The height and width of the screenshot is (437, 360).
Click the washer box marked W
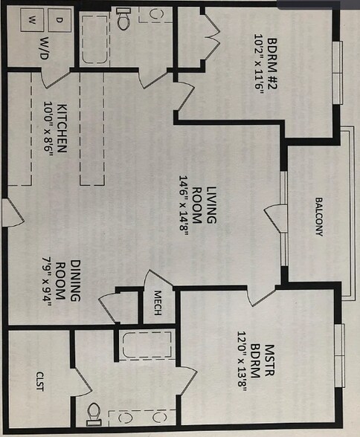(x=32, y=20)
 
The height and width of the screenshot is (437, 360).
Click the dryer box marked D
(x=60, y=20)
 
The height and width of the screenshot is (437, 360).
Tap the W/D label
(x=44, y=48)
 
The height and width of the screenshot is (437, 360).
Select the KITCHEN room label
(x=62, y=128)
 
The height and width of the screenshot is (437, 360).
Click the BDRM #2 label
(x=272, y=64)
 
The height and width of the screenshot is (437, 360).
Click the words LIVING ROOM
(x=205, y=205)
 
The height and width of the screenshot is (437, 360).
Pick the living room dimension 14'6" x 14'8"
(x=184, y=206)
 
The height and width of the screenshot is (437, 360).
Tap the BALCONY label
(x=319, y=217)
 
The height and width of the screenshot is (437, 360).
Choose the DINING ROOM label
(x=68, y=281)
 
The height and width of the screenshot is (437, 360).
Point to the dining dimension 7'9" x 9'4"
(x=47, y=282)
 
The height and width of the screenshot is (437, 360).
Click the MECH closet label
(x=158, y=303)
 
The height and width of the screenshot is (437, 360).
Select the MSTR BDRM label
(x=262, y=361)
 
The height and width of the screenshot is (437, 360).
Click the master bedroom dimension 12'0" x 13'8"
(x=242, y=361)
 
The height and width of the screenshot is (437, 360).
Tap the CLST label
(x=40, y=381)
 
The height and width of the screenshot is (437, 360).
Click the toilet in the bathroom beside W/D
(x=123, y=19)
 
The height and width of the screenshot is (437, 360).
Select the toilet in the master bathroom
(x=94, y=415)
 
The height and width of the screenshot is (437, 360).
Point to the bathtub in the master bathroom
(x=147, y=345)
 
